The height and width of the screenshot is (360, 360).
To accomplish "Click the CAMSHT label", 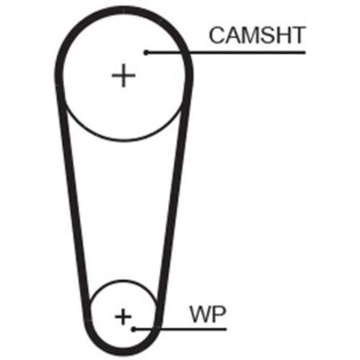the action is click(x=256, y=35).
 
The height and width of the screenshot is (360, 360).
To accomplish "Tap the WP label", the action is click(x=208, y=314).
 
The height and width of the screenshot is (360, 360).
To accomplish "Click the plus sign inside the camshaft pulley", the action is click(x=123, y=76).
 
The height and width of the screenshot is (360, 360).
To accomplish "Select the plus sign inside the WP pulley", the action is click(x=123, y=317).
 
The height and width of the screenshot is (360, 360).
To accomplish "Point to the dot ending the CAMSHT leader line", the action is click(x=146, y=53).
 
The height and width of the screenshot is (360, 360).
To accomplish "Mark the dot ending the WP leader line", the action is click(x=134, y=329).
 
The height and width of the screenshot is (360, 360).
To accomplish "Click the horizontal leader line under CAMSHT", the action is click(x=225, y=53).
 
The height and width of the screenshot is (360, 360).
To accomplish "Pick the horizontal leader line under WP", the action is click(x=180, y=329).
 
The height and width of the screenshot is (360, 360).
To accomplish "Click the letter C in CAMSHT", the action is click(x=217, y=35).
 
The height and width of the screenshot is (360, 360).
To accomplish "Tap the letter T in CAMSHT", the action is click(x=298, y=35).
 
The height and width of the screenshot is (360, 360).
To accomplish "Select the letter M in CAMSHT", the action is click(x=251, y=35).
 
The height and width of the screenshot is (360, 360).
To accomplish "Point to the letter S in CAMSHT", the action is click(x=267, y=35).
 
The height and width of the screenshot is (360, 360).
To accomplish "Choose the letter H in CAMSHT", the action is click(x=283, y=35).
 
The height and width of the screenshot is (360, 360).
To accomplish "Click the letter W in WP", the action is click(x=201, y=314).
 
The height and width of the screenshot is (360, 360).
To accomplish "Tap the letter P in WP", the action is click(x=220, y=314).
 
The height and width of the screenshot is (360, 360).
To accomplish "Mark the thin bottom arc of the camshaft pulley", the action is click(x=123, y=139).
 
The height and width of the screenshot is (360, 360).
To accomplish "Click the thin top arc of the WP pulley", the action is click(x=123, y=281).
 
